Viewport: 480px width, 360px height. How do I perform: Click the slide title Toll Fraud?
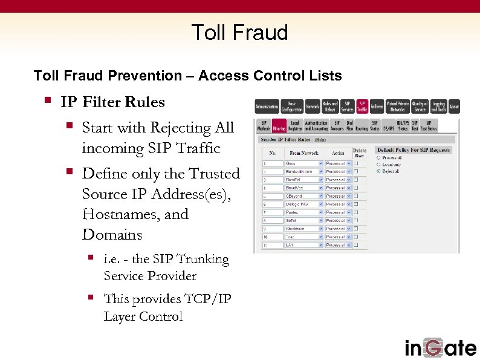coord(239,32)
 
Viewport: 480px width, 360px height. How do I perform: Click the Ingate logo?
coord(440,347)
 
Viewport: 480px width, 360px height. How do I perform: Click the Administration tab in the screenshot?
coord(267,106)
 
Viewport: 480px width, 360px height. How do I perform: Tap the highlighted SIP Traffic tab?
coord(362,106)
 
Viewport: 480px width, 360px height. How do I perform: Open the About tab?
coord(454,106)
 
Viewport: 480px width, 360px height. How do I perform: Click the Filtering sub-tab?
coord(279,126)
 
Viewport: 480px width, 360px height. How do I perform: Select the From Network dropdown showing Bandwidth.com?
coord(303,171)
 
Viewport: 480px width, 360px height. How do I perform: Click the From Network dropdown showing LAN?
coord(303,245)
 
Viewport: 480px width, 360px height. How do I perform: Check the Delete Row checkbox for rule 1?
coord(357,163)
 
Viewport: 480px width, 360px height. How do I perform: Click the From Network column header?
coord(303,153)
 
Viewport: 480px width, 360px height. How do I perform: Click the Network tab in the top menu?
coord(312,106)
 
